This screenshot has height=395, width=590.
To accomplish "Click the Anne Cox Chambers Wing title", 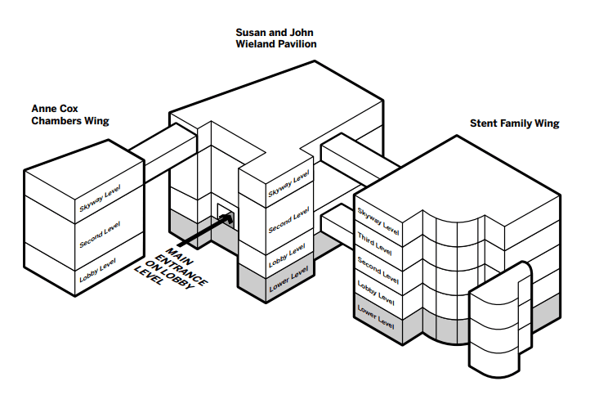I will click(70, 114).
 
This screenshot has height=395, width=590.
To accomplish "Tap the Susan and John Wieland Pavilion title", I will click(275, 37).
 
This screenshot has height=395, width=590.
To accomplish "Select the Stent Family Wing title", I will click(514, 124).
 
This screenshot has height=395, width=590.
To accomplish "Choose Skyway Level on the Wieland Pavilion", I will click(288, 185).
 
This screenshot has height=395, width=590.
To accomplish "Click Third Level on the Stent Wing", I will click(378, 243).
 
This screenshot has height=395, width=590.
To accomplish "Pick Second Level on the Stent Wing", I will click(378, 267).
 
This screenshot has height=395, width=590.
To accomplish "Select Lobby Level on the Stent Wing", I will click(378, 292).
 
